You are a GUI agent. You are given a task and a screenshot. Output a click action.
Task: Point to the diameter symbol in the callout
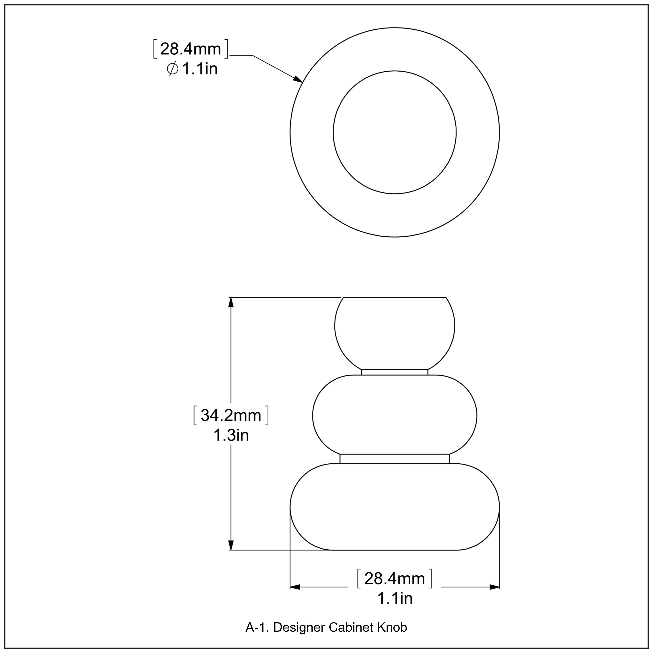click(172, 69)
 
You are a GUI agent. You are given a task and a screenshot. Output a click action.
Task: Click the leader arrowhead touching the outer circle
click(297, 79)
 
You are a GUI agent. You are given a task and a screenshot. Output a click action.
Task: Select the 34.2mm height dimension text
click(231, 415)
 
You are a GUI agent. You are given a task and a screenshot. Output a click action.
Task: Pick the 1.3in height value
click(231, 435)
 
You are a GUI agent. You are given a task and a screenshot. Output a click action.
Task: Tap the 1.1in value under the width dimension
click(394, 599)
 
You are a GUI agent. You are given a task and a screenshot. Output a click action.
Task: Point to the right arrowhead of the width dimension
click(495, 587)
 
